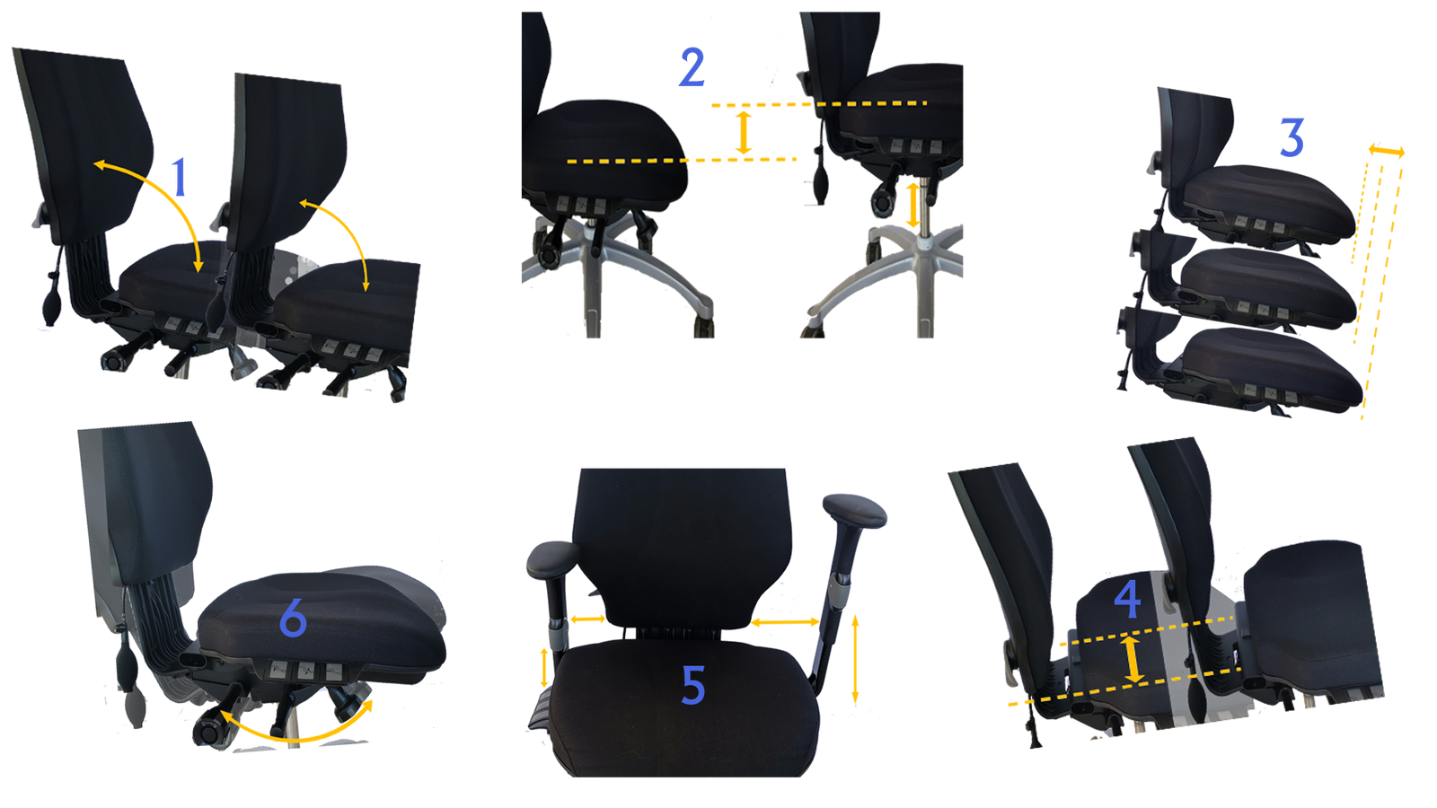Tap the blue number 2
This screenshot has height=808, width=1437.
pyautogui.click(x=692, y=67)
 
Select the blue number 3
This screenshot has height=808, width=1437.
pyautogui.click(x=1292, y=137)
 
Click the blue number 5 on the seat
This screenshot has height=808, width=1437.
pyautogui.click(x=692, y=685)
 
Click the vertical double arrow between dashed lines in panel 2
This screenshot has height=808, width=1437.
pyautogui.click(x=744, y=133)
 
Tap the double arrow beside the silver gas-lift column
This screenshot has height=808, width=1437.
pyautogui.click(x=912, y=205)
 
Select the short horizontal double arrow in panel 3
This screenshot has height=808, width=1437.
pyautogui.click(x=1387, y=152)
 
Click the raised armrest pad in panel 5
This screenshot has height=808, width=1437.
pyautogui.click(x=854, y=511)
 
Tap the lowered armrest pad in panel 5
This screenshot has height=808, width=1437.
pyautogui.click(x=553, y=558)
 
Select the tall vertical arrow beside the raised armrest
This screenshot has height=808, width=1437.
pyautogui.click(x=855, y=659)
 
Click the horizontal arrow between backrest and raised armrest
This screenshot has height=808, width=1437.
pyautogui.click(x=785, y=621)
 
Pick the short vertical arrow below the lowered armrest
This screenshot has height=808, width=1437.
pyautogui.click(x=544, y=668)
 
